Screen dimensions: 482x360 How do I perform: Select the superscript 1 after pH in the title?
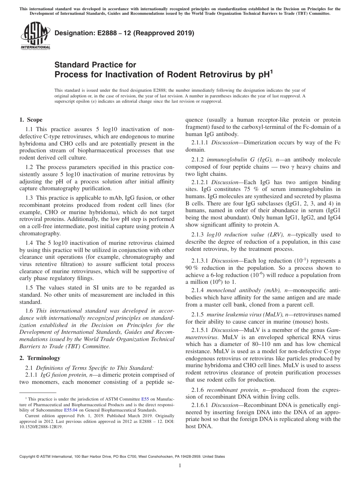pyautogui.click(x=271, y=71)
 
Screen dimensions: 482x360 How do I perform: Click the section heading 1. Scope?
pyautogui.click(x=31, y=120)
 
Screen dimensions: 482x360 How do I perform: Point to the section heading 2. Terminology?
pyautogui.click(x=40, y=358)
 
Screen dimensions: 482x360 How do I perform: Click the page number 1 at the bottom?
pyautogui.click(x=180, y=466)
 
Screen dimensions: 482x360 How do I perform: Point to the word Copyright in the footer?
pyautogui.click(x=28, y=457)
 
